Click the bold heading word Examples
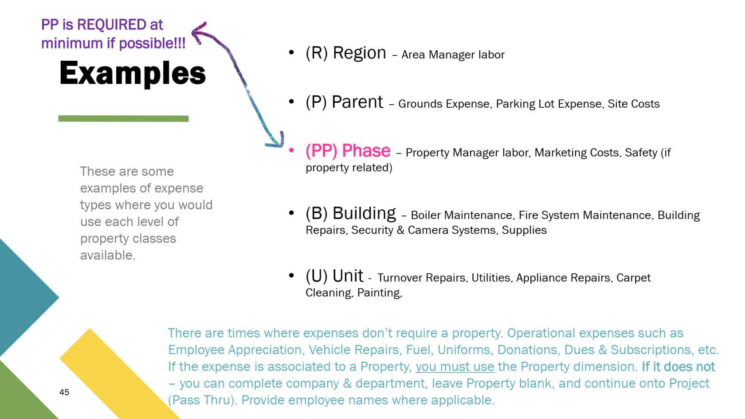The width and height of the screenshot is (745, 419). (x=132, y=73)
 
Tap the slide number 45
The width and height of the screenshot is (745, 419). (x=64, y=392)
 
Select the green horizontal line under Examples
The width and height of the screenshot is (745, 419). (x=123, y=118)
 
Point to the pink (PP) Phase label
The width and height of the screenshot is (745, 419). (x=348, y=151)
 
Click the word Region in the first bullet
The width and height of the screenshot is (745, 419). (x=359, y=53)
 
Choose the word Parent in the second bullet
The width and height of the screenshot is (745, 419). (x=357, y=102)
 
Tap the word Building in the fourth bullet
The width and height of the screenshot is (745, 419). (x=364, y=213)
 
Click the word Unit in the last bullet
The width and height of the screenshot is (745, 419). (x=348, y=276)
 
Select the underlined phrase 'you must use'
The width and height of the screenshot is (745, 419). (x=455, y=367)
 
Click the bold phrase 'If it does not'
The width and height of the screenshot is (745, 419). (x=678, y=367)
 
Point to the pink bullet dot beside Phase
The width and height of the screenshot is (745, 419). (x=291, y=151)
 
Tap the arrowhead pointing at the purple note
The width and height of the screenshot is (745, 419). (x=197, y=32)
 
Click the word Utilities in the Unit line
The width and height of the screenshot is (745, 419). (x=490, y=278)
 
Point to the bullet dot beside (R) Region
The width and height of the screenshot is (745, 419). (x=291, y=53)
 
